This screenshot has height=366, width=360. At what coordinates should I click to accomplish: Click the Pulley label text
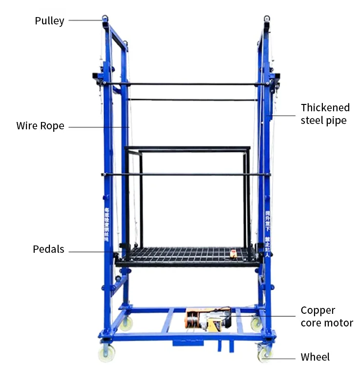pyautogui.click(x=49, y=21)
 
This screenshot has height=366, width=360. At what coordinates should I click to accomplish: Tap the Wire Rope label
pyautogui.click(x=40, y=126)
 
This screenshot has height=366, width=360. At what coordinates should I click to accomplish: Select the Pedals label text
pyautogui.click(x=48, y=249)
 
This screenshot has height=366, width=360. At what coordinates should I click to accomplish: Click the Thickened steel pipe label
pyautogui.click(x=325, y=114)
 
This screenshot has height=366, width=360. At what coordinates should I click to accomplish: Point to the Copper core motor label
pyautogui.click(x=326, y=316)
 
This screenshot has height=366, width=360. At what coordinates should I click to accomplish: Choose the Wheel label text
pyautogui.click(x=315, y=357)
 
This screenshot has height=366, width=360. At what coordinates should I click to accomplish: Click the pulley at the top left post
pyautogui.click(x=105, y=20)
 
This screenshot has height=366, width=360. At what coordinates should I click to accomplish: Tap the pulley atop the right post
pyautogui.click(x=267, y=20)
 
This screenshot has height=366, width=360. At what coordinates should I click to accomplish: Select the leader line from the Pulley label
pyautogui.click(x=85, y=20)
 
